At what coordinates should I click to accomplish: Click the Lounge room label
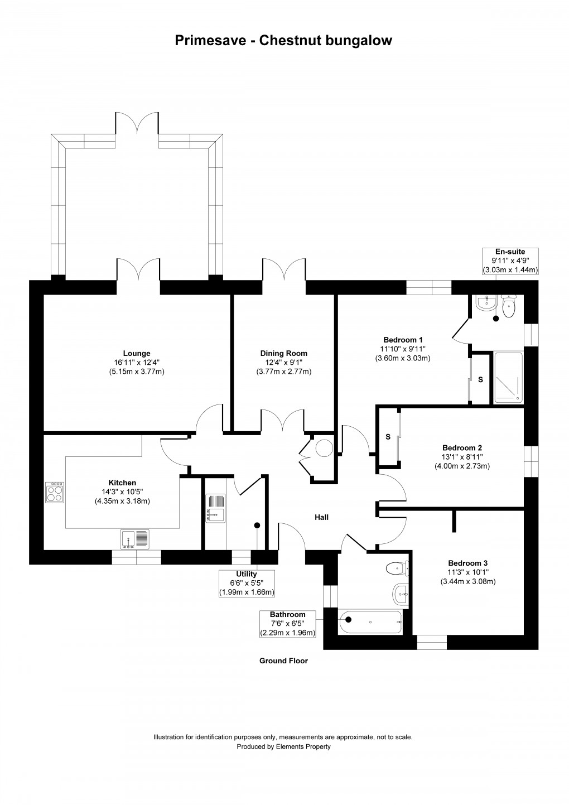pyautogui.click(x=137, y=353)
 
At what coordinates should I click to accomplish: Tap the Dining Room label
pyautogui.click(x=283, y=353)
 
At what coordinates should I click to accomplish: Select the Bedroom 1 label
pyautogui.click(x=403, y=340)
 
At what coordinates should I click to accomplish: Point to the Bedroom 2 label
pyautogui.click(x=462, y=448)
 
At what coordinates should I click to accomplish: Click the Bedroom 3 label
pyautogui.click(x=467, y=563)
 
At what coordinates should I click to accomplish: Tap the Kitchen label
pyautogui.click(x=122, y=483)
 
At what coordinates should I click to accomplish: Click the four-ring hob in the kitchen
pyautogui.click(x=55, y=492)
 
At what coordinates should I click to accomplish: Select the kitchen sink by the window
pyautogui.click(x=134, y=539)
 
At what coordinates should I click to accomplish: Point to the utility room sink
pyautogui.click(x=215, y=508)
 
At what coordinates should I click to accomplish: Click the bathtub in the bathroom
pyautogui.click(x=370, y=622)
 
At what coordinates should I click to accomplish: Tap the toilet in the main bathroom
pyautogui.click(x=397, y=568)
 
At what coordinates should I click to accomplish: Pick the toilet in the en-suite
pyautogui.click(x=508, y=306)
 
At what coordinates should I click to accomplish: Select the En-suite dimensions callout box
pyautogui.click(x=510, y=261)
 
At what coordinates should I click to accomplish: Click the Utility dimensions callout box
pyautogui.click(x=247, y=584)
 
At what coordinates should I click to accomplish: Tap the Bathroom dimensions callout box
pyautogui.click(x=287, y=624)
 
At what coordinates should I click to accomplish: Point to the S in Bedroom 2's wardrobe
pyautogui.click(x=388, y=437)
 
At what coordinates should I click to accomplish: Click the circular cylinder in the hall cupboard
pyautogui.click(x=324, y=448)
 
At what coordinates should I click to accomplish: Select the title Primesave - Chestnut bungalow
pyautogui.click(x=283, y=41)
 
